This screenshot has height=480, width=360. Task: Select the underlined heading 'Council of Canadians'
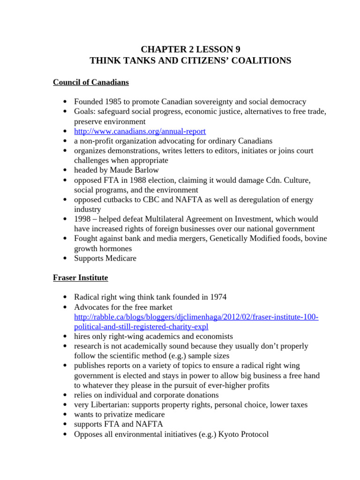[x=90, y=82]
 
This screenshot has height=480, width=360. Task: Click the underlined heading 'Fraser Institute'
[x=80, y=278]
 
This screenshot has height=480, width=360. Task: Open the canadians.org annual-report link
[x=140, y=131]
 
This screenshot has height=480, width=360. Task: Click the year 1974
[x=217, y=297]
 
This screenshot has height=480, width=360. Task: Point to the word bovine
[x=316, y=239]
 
